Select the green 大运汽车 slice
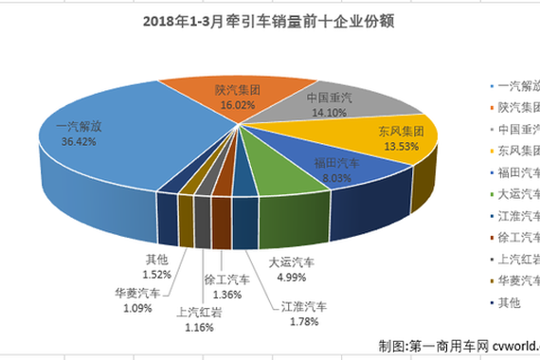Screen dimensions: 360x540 (275, 171)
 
